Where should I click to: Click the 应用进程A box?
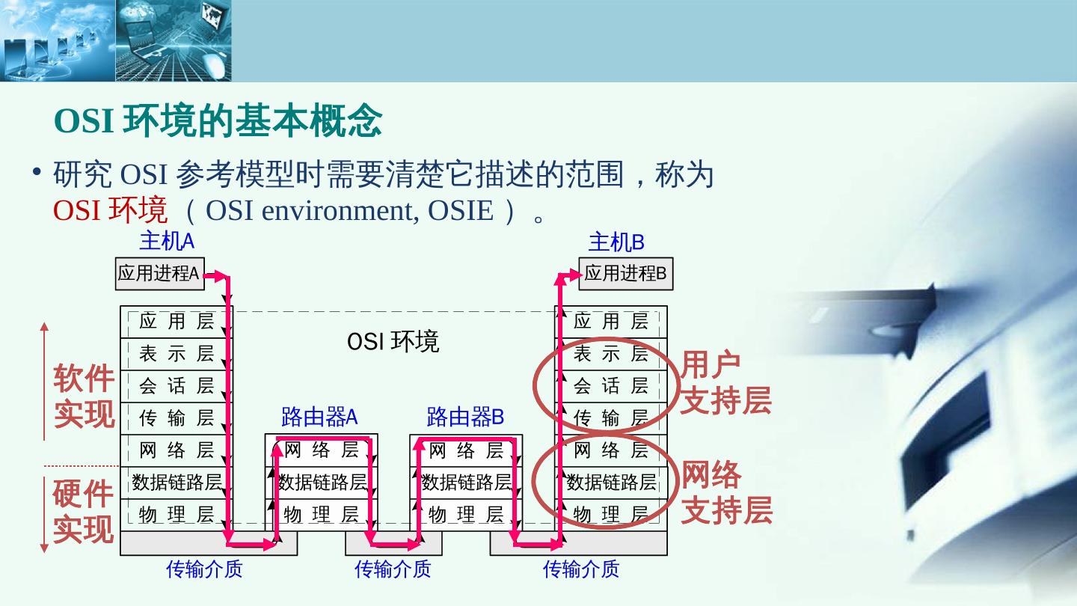point(159,274)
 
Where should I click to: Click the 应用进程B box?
point(625,274)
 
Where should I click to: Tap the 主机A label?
point(167,242)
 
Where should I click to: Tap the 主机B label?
point(616,242)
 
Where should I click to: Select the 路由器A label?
point(319,417)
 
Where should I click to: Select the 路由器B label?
point(465,417)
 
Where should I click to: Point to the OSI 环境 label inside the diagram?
point(393,342)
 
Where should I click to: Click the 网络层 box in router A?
point(322,450)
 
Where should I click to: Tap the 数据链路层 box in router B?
point(466,483)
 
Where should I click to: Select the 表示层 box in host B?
point(610,354)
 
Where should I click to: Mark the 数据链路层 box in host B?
point(610,483)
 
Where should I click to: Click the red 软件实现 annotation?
point(84,397)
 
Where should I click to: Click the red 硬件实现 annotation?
point(83,512)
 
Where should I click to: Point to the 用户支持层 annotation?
point(724,383)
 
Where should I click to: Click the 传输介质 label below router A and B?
point(393,570)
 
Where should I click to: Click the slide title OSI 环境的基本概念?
point(218,121)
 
